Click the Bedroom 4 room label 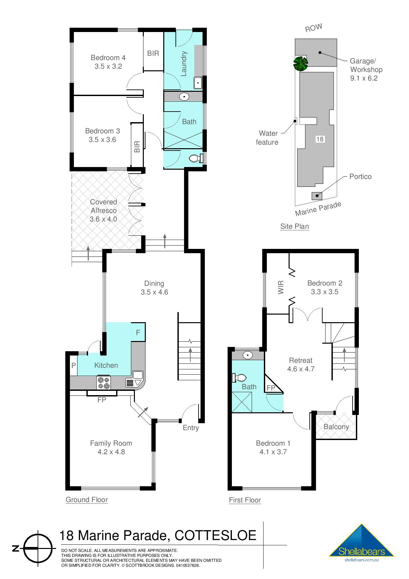click(x=108, y=58)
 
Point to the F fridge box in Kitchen click(x=138, y=332)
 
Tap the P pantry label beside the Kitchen click(x=74, y=365)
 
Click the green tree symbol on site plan click(x=300, y=63)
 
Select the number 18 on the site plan click(x=320, y=139)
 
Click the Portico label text click(x=360, y=177)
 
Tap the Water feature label click(x=267, y=138)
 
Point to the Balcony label click(x=336, y=427)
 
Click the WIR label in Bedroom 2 click(x=281, y=287)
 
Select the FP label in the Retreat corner click(x=271, y=388)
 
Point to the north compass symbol click(x=39, y=548)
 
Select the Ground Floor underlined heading click(x=87, y=500)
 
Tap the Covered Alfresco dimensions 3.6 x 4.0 click(x=103, y=219)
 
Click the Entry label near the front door click(x=191, y=428)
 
